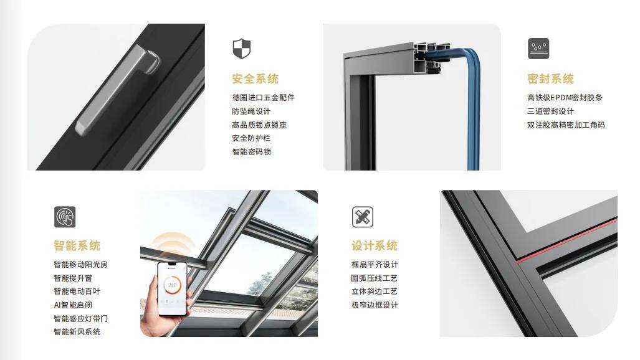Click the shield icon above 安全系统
coord(241,49)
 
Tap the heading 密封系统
coord(550,78)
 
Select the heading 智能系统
coord(77,246)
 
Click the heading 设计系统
coord(375,246)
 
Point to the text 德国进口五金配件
coord(263,98)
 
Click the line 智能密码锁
coord(251,152)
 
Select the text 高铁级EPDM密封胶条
coord(565,98)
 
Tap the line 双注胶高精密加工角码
coord(566,125)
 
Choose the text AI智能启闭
coord(73,305)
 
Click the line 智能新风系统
coord(77,332)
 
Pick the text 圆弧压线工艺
coord(375,278)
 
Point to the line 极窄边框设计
coord(375,305)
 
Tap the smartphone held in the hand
coord(172,288)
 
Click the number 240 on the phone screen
coord(172,285)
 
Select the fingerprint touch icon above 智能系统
coord(65,217)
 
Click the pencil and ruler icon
coord(363,217)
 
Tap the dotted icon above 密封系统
coord(538,49)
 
